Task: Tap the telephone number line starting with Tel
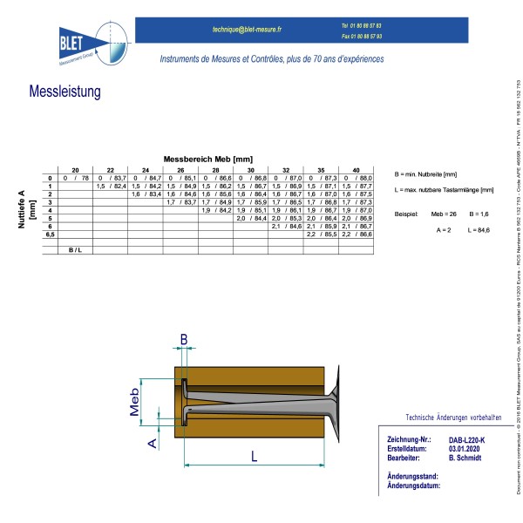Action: pyautogui.click(x=361, y=26)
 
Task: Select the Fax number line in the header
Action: pyautogui.click(x=361, y=37)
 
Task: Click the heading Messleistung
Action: pyautogui.click(x=65, y=92)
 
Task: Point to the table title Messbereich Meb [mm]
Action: pyautogui.click(x=207, y=160)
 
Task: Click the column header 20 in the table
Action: pyautogui.click(x=75, y=169)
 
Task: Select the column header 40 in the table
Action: pyautogui.click(x=356, y=169)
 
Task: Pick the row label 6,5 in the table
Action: pyautogui.click(x=50, y=234)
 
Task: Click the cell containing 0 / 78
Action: pyautogui.click(x=75, y=178)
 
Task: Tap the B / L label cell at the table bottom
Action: pyautogui.click(x=75, y=250)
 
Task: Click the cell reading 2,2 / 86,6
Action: pyautogui.click(x=356, y=234)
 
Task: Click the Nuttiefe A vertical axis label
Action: pyautogui.click(x=25, y=209)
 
